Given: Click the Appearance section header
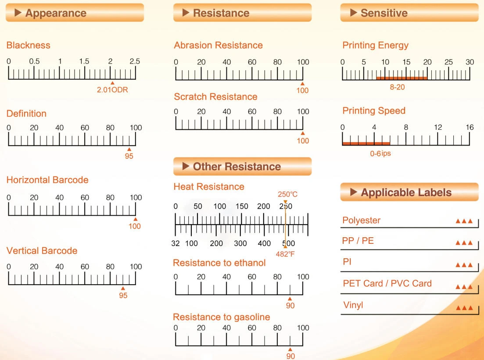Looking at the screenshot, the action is pos(75,13).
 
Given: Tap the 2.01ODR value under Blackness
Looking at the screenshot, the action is pos(112,90).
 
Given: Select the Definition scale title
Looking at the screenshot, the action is pos(26,114).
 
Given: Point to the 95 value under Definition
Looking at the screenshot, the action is pos(129,156).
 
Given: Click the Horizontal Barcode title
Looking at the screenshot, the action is pos(47,180).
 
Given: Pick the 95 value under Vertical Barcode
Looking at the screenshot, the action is pos(123,296).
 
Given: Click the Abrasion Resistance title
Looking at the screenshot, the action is pos(218,45).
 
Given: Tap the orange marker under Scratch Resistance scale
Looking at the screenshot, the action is pos(303,133).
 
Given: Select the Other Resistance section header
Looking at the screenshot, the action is pos(242,167).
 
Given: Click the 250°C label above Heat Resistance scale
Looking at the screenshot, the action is pos(287,194).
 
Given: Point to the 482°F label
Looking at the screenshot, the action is pos(285,254).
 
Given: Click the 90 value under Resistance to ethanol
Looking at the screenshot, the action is pos(290,306).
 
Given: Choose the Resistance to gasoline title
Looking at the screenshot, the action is pos(221,317).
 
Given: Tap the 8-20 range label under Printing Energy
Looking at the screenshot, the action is pos(397,87).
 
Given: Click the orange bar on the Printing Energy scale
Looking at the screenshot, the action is pos(402,78).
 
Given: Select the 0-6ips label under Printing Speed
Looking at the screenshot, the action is pos(380,153).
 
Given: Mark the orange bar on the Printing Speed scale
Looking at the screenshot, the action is pos(366,143).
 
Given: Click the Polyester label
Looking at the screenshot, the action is pos(362,220).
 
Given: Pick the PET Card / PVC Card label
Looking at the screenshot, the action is pos(387,283).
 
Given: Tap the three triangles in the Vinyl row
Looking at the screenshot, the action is pos(464,308).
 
